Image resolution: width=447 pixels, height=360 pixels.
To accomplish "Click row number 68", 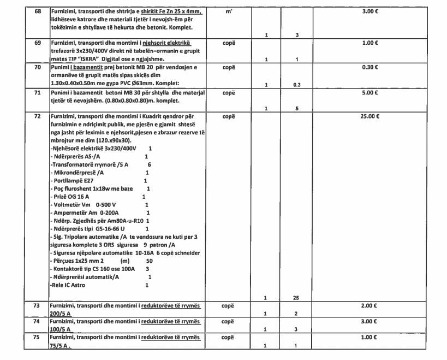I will point(37,11).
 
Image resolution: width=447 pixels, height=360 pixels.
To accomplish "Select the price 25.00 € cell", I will point(371,116).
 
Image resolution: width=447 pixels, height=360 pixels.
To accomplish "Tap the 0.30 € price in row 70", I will point(371,67).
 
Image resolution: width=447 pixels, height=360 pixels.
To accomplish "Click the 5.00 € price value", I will point(371,93).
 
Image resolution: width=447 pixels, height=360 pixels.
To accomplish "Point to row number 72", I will point(37,116).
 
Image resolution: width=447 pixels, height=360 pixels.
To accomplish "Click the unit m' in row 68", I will point(229,11).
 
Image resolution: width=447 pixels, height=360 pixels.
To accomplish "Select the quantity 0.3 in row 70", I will point(297,85).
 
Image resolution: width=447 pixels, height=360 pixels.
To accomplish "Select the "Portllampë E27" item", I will point(75,180).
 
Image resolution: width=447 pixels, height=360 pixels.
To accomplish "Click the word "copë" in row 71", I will point(229,93).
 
